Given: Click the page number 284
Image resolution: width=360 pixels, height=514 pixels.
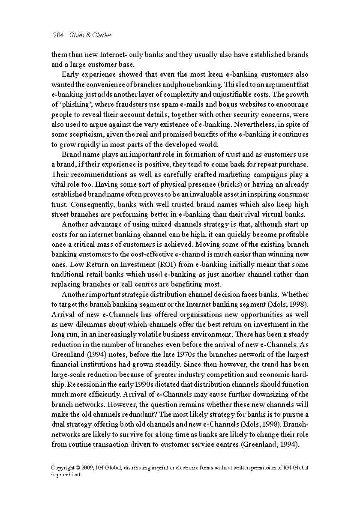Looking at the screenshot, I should click(58, 35).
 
